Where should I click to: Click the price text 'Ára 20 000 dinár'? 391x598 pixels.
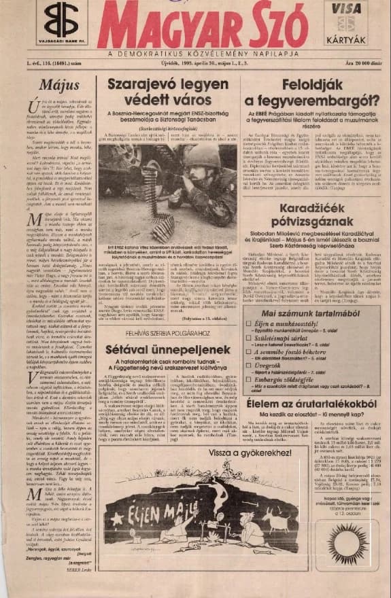pyautogui.click(x=361, y=63)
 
